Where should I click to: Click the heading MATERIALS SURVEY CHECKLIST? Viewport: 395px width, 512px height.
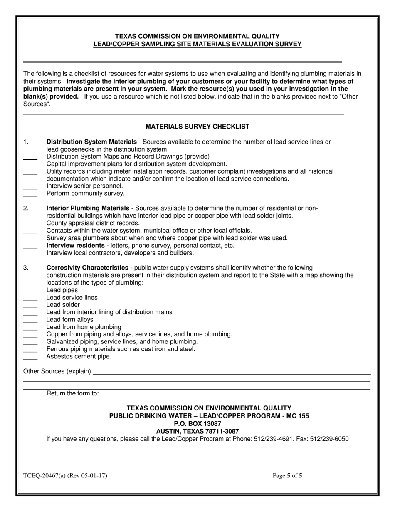tap(197, 127)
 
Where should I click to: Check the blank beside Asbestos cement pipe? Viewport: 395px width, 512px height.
tap(30, 358)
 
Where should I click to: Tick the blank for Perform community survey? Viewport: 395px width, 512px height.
tap(30, 194)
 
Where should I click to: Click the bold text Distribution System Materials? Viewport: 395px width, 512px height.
tap(91, 142)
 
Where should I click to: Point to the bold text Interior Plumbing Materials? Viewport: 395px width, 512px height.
tap(88, 208)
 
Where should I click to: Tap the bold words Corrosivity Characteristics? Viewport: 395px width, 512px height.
tap(89, 268)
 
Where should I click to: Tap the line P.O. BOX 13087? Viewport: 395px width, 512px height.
tap(197, 424)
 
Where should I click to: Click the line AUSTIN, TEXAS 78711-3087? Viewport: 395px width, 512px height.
tap(197, 431)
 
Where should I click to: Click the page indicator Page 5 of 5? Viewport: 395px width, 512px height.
tap(287, 475)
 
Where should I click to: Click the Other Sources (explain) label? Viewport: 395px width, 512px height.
tap(57, 371)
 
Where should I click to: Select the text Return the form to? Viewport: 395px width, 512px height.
tap(73, 393)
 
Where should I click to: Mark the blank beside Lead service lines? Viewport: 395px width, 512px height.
tap(30, 298)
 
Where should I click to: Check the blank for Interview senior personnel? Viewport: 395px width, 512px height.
tap(30, 187)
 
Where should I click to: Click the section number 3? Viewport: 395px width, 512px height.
tap(26, 268)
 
